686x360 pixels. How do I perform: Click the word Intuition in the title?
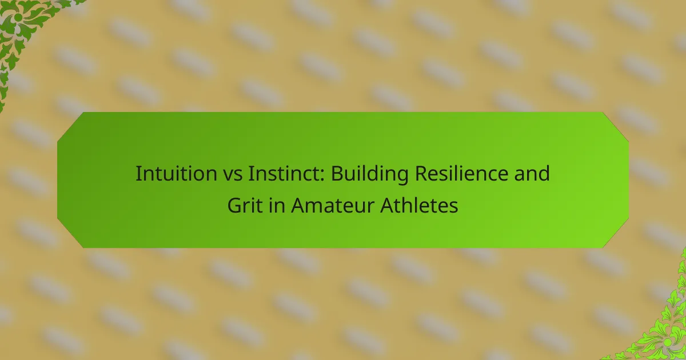[x=177, y=173]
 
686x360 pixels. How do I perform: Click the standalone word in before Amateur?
[x=277, y=205]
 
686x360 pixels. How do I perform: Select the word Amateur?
[x=333, y=205]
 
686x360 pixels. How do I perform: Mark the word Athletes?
[x=419, y=205]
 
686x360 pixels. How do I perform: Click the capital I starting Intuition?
[x=138, y=174]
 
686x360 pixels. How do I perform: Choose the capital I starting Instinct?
[x=251, y=174]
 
